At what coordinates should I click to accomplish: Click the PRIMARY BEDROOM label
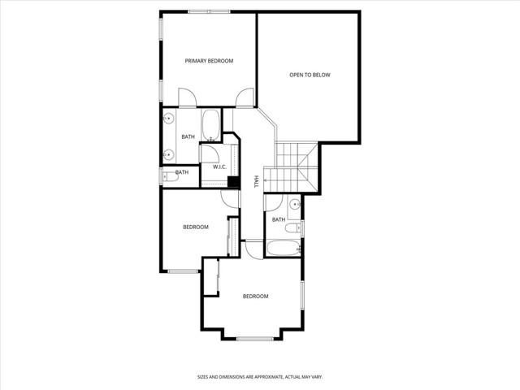coord(209,61)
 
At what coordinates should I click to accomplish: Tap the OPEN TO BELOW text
coord(310,76)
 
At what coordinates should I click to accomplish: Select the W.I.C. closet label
coord(219,167)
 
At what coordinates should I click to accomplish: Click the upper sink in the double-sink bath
coord(168,119)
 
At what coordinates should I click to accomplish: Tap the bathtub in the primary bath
coord(210,127)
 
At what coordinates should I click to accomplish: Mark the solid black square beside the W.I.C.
coord(233,182)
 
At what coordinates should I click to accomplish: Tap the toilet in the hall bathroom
coord(297,229)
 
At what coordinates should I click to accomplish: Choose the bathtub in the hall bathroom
coord(283,249)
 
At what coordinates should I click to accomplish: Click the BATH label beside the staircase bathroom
coord(278,219)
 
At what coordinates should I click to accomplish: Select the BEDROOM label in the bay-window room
coord(255,297)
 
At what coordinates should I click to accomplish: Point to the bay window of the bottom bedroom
coord(253,337)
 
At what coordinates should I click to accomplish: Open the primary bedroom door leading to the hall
coord(243,100)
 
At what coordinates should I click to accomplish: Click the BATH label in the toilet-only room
coord(182,172)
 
